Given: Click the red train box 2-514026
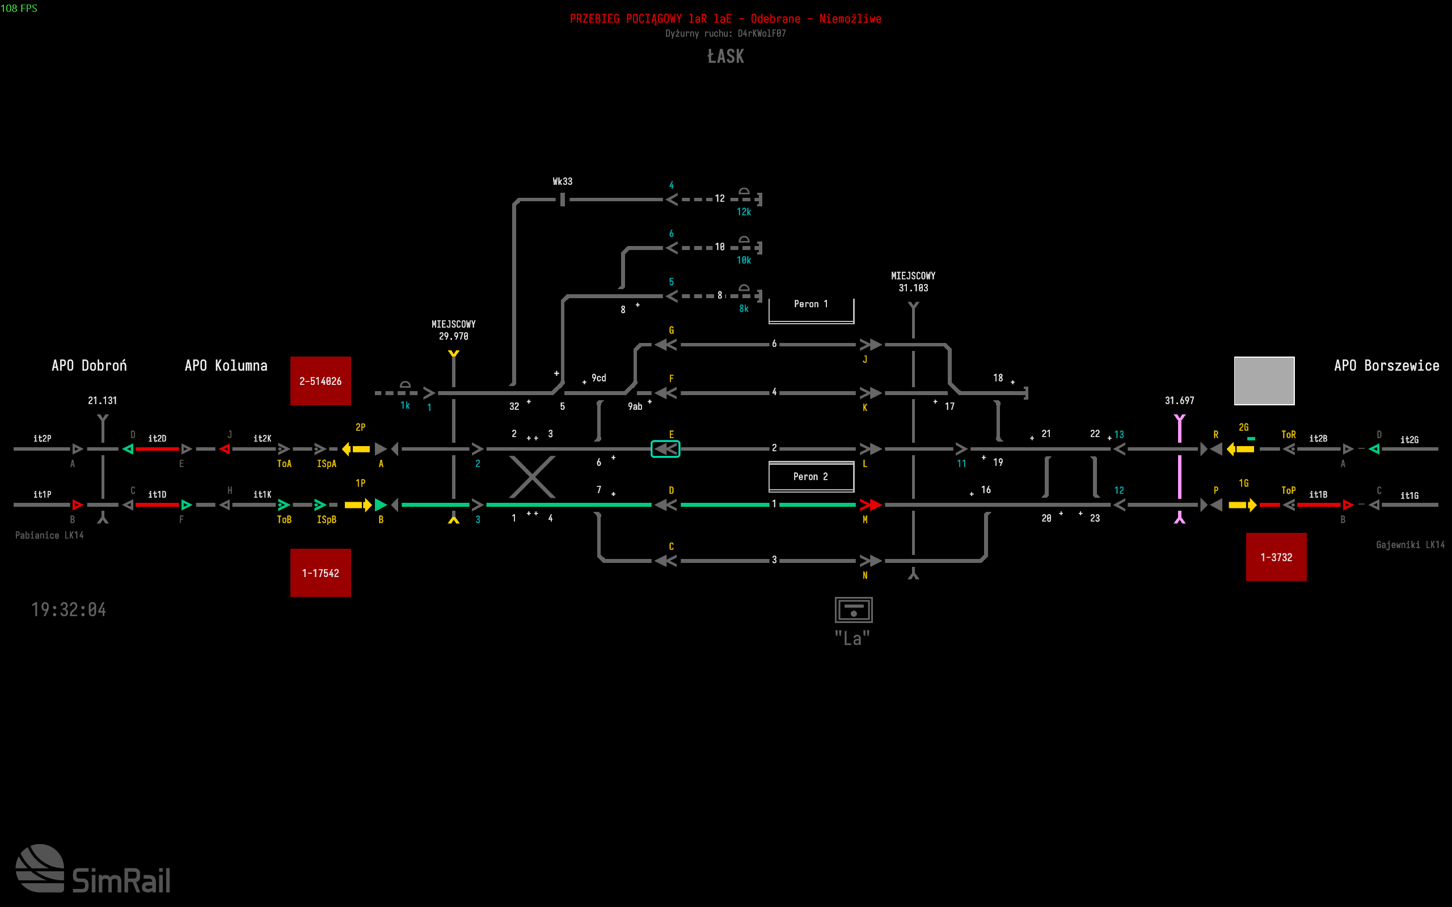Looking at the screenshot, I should [320, 381].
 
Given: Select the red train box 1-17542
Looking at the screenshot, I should [320, 573].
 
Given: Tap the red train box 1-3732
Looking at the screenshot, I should [1276, 557].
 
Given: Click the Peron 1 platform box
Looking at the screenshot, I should [811, 310].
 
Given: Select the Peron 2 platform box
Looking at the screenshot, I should [811, 476].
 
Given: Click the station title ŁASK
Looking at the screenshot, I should [725, 56].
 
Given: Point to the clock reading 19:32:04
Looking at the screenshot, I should [69, 609].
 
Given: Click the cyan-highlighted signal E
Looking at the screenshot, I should [665, 449].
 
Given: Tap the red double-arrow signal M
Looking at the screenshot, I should [870, 505].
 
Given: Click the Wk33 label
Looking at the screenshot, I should [562, 181].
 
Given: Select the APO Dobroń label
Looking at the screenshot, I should [89, 365].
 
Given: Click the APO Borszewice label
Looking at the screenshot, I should [1386, 365].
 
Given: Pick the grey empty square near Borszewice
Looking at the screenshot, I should [1264, 381].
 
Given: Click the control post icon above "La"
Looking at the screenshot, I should [853, 609].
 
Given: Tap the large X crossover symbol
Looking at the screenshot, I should [532, 477].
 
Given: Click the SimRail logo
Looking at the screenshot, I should [93, 869].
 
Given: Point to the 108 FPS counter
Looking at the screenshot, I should [19, 8].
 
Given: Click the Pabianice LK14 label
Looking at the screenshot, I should [49, 535].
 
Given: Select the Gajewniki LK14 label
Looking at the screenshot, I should [1410, 545].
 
